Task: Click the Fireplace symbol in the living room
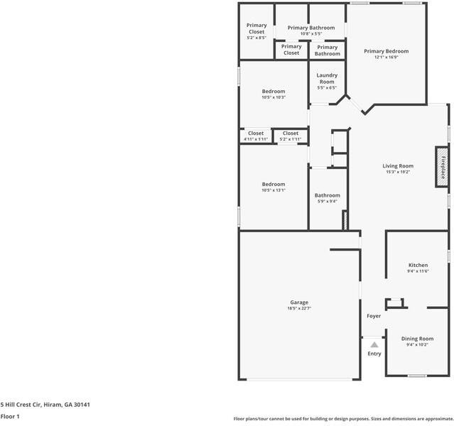(x=442, y=167)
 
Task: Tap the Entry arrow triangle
(x=374, y=344)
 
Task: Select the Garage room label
(x=298, y=302)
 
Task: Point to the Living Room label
(x=398, y=166)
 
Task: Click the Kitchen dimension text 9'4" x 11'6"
(x=418, y=271)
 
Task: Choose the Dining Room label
(x=417, y=339)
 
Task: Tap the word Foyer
(x=374, y=316)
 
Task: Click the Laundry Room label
(x=327, y=78)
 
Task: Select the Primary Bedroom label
(x=386, y=51)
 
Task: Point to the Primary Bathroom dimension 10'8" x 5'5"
(x=311, y=34)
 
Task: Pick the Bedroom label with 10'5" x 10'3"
(x=274, y=92)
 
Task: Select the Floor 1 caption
(x=10, y=417)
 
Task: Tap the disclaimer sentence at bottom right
(x=343, y=419)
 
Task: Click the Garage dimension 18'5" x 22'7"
(x=298, y=308)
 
